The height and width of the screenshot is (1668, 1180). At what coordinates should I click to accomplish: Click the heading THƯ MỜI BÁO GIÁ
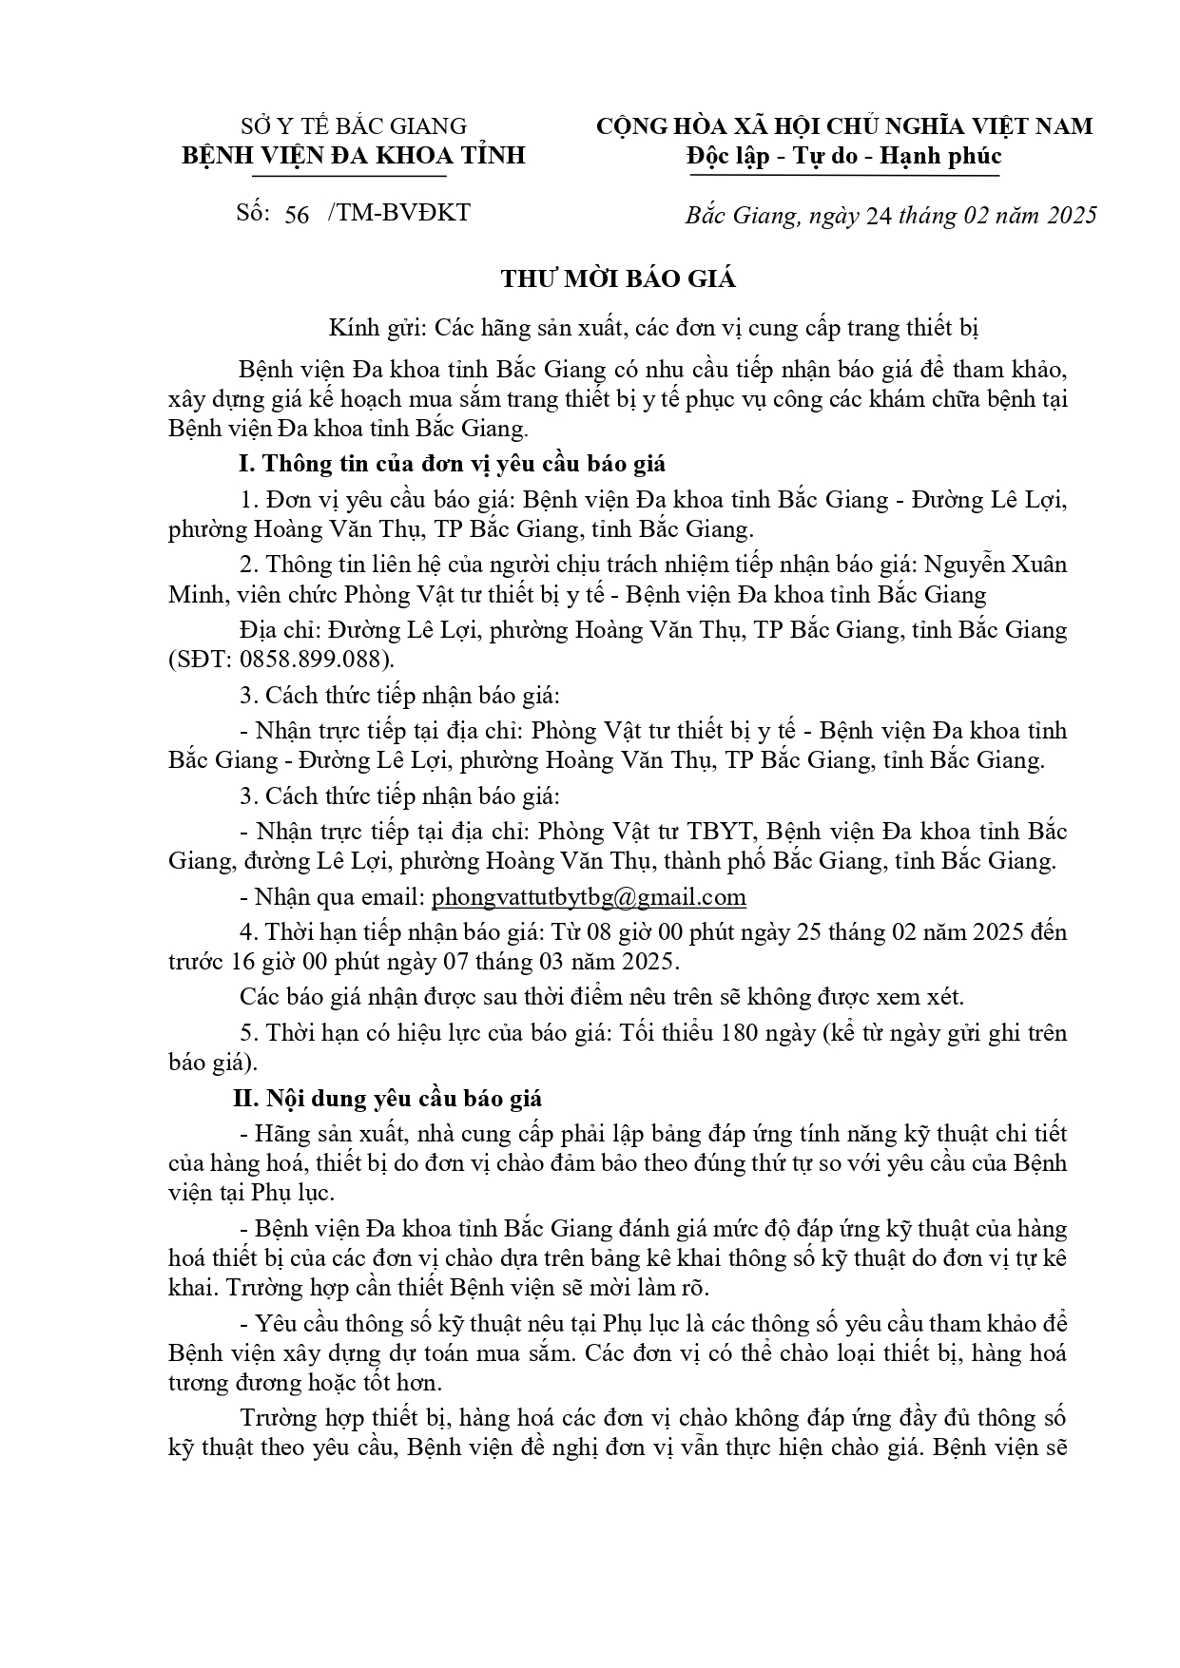click(x=619, y=279)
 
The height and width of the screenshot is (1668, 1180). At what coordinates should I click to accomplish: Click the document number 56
click(x=297, y=215)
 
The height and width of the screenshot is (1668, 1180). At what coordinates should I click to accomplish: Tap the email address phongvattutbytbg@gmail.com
click(x=589, y=897)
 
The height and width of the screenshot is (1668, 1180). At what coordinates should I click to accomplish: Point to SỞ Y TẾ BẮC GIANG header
click(x=354, y=125)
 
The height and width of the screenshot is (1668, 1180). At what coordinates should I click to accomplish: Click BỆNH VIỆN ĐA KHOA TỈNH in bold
click(x=354, y=155)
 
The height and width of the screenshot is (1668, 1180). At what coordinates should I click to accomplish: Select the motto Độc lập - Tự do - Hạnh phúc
click(x=843, y=155)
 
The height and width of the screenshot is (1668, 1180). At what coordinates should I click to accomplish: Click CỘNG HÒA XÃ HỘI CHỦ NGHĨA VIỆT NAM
click(x=843, y=125)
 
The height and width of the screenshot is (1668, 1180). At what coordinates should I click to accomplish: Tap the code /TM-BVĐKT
click(x=398, y=213)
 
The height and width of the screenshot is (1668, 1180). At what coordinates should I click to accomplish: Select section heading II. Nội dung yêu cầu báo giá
click(x=388, y=1099)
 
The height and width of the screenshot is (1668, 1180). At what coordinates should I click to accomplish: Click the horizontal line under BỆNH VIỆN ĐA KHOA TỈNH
click(x=351, y=176)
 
